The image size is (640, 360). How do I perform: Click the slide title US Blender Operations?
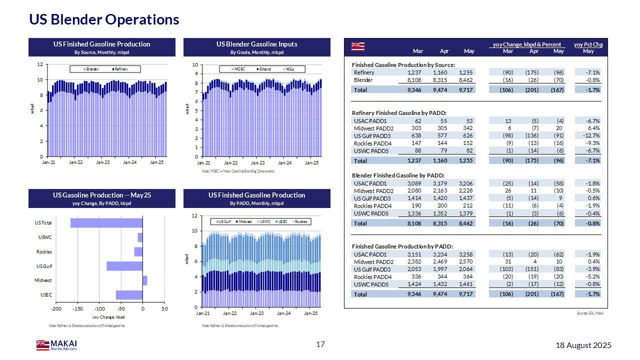click(x=104, y=19)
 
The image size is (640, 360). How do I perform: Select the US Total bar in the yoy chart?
click(x=106, y=223)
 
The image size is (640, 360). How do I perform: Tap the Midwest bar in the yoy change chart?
click(x=145, y=280)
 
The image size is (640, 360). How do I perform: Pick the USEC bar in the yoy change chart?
click(x=129, y=295)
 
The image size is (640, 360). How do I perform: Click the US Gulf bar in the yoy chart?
click(x=124, y=266)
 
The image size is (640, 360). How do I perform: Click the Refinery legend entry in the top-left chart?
click(x=120, y=69)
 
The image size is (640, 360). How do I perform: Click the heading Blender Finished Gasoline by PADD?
click(x=398, y=175)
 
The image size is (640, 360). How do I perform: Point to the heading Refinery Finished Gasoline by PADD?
click(x=399, y=112)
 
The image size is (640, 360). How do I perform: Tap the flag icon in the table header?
click(x=358, y=46)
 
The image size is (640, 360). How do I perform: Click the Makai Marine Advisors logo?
click(x=56, y=345)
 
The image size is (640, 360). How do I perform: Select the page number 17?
click(x=320, y=344)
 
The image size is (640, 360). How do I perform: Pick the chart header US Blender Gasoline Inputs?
click(x=257, y=44)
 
